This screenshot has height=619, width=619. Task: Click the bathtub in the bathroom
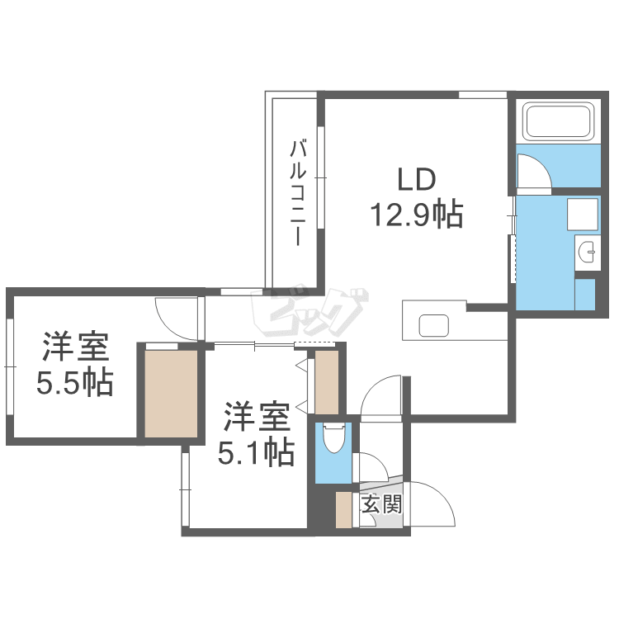559,122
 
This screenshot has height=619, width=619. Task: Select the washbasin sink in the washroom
587,252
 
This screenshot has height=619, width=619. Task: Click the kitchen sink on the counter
433,324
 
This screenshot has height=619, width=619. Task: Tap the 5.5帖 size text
75,382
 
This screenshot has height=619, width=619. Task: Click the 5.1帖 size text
256,451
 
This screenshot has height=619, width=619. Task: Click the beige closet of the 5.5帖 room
172,393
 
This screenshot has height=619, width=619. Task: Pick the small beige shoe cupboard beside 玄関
343,509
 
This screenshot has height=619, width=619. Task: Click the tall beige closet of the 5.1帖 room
327,382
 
